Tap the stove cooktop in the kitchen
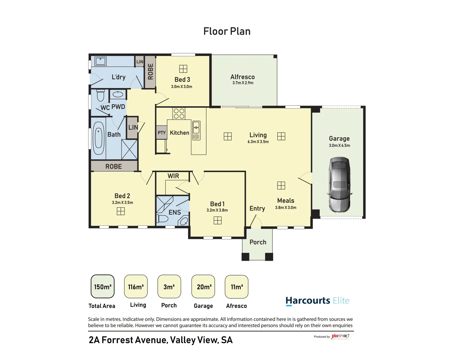(x=179, y=113)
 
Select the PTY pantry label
(x=162, y=133)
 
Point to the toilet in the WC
(x=100, y=96)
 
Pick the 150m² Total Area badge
(x=103, y=287)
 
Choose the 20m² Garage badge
(x=203, y=287)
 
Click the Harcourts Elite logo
(x=317, y=301)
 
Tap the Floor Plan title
(x=227, y=31)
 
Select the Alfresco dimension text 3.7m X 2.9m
(x=243, y=83)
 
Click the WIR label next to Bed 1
(x=173, y=176)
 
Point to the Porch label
(x=258, y=242)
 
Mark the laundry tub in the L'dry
(x=100, y=61)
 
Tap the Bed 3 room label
(x=182, y=79)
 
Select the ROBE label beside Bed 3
(x=150, y=72)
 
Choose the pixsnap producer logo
(x=340, y=336)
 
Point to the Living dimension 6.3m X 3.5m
(x=258, y=142)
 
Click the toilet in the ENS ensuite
(x=163, y=219)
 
